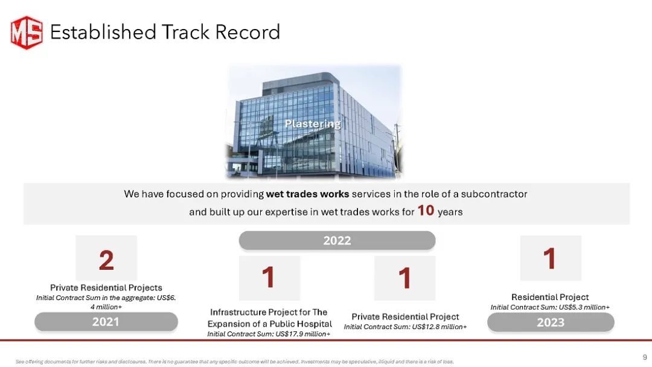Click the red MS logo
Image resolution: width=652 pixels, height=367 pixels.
[x=27, y=33]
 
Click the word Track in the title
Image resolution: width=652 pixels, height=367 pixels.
[x=185, y=32]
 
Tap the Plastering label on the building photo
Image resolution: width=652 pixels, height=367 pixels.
[x=313, y=124]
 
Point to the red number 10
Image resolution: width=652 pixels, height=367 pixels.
[x=426, y=210]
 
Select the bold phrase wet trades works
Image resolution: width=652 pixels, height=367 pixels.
[x=307, y=194]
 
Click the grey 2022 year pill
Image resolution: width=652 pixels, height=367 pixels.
[x=337, y=240]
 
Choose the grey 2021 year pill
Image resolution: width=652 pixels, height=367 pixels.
[x=106, y=322]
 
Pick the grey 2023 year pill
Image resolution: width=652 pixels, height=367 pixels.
[x=551, y=322]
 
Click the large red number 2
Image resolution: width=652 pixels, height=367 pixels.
[x=106, y=260]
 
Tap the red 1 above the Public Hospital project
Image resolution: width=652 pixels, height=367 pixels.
[x=269, y=277]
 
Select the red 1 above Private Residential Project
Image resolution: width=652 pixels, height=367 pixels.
[x=404, y=278]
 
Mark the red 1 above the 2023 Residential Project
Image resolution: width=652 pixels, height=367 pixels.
[x=550, y=258]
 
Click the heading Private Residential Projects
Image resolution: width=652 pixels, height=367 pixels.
[x=106, y=287]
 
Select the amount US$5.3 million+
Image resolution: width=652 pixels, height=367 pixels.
[x=584, y=307]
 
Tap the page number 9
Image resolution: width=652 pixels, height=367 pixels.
[x=645, y=357]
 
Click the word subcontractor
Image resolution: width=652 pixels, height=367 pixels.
[x=494, y=194]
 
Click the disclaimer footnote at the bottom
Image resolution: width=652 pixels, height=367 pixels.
[x=234, y=362]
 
